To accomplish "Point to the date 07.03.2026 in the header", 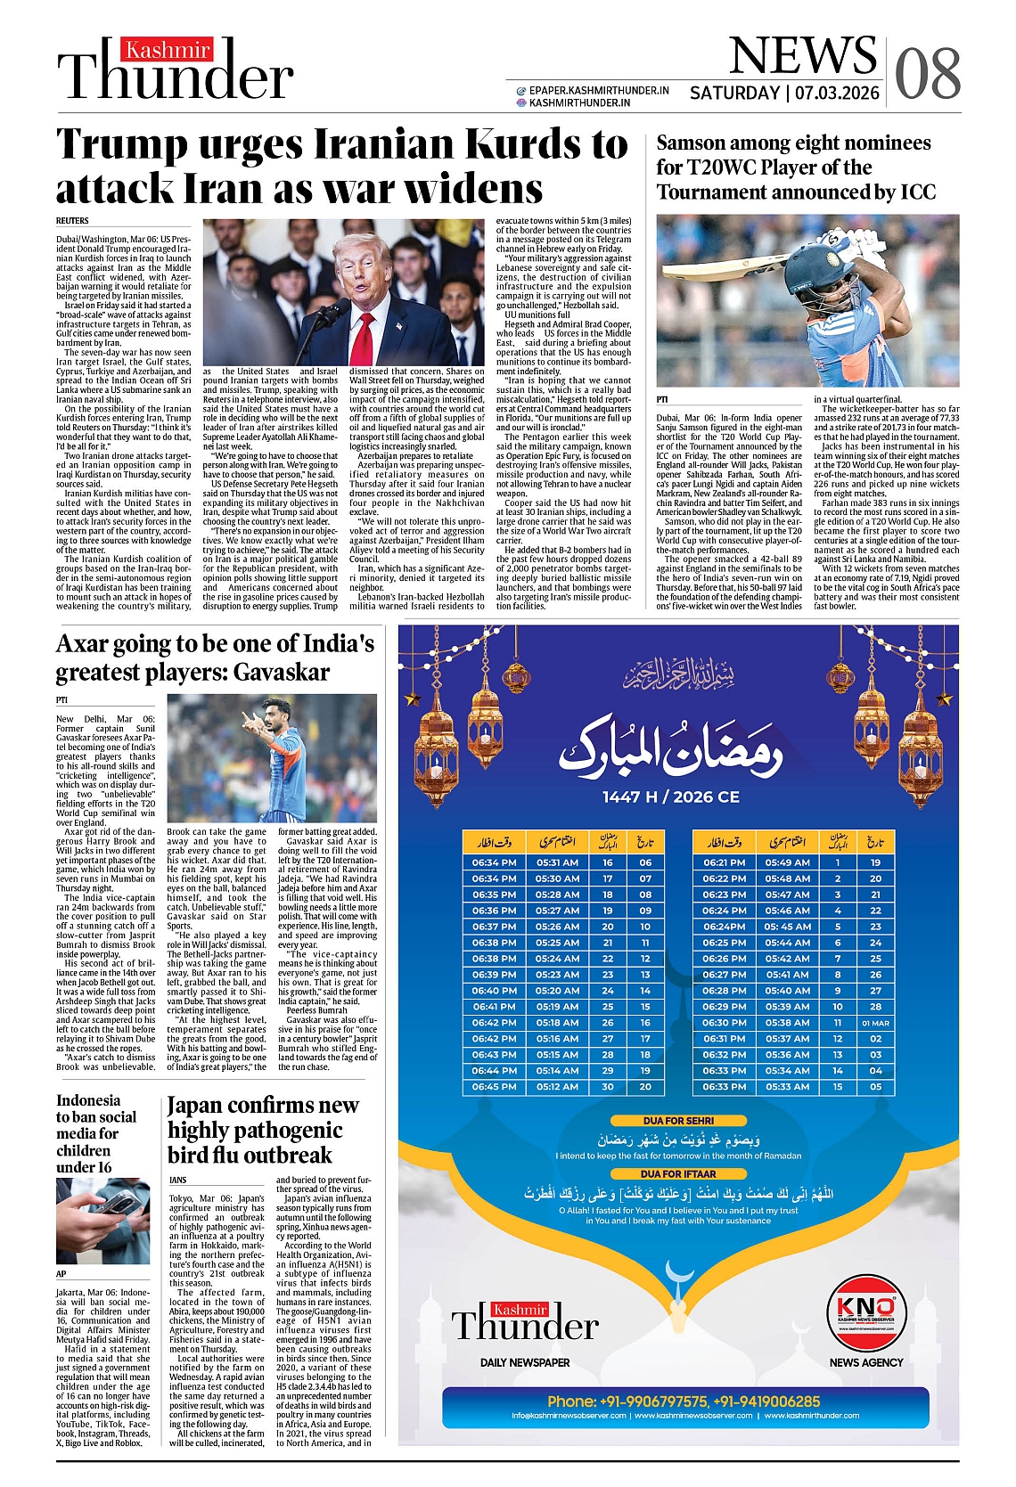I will pos(837,93).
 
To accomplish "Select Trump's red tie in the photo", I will pos(362,339).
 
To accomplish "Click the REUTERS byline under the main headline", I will pos(72,220).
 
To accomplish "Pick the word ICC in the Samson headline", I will pos(918,192).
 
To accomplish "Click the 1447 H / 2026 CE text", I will pos(670,797).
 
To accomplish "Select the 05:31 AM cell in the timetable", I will pos(557,862).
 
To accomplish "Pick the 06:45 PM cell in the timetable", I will pos(494,1087).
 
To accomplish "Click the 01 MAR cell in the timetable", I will pos(875,1023).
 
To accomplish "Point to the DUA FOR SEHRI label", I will pos(678,1121).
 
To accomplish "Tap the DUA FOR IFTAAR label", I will pos(678,1174).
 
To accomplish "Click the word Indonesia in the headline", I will pos(87,1100).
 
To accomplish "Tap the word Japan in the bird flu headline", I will pos(197,1106).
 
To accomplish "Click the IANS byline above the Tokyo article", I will pos(178,1180).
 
